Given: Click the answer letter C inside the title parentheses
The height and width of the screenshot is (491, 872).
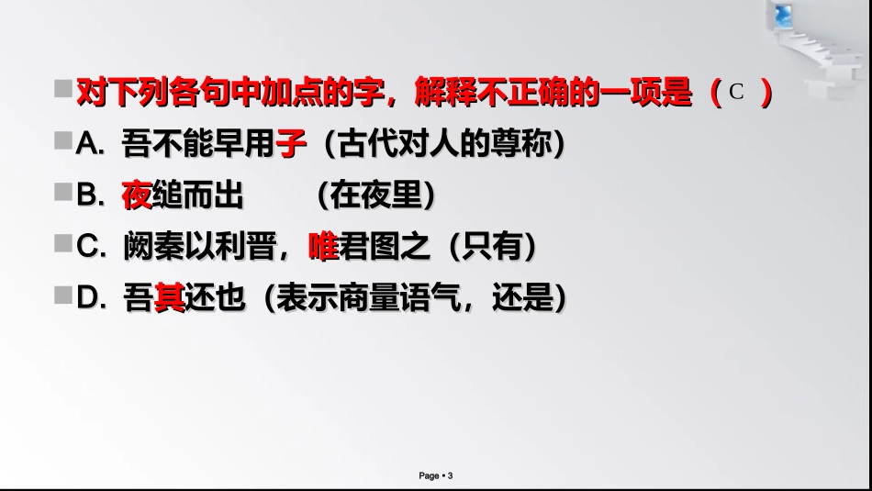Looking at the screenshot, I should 735,92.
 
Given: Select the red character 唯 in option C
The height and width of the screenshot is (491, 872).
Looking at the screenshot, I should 323,246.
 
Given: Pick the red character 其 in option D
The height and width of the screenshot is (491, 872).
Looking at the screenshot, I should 169,298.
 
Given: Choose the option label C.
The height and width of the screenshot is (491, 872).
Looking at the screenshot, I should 90,247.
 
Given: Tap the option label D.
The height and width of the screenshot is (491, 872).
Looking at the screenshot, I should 90,298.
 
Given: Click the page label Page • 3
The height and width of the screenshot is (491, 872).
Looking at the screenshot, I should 436,475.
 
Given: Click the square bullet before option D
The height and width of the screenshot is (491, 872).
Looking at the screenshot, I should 62,296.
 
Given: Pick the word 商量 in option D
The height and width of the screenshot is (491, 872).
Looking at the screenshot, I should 386,298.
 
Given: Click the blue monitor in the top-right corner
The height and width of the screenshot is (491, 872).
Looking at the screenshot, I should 782,15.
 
